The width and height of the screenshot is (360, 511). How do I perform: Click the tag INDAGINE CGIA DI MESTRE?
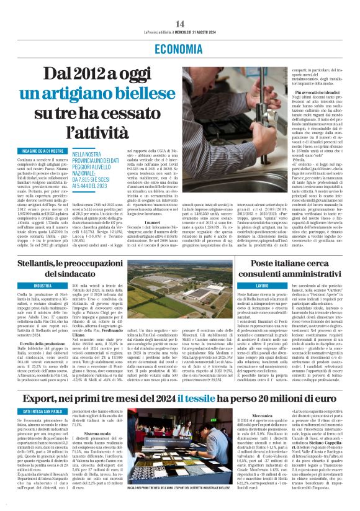tap(35, 150)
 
